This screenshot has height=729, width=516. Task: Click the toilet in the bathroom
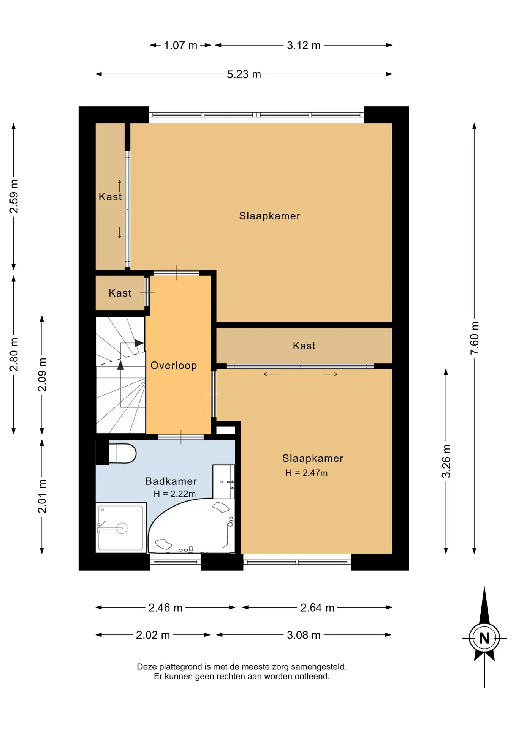point(122,453)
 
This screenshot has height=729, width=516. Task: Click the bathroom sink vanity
point(223,481)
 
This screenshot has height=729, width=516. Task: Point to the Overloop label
point(174,365)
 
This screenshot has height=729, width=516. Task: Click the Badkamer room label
point(171,481)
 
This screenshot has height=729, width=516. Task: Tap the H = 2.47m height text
point(306,473)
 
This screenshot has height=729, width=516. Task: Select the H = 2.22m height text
point(174,494)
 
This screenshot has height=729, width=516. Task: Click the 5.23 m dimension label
point(244,74)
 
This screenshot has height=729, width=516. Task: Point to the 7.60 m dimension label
point(474,338)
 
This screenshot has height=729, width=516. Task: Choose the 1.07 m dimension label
point(180,45)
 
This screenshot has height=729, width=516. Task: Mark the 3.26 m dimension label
point(446,461)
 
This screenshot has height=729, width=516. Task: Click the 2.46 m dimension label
point(165,607)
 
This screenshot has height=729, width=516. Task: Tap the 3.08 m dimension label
point(304,635)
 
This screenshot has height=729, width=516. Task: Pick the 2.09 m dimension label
point(42,374)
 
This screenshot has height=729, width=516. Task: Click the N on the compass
point(484,638)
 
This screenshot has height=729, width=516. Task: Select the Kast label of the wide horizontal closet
point(304,346)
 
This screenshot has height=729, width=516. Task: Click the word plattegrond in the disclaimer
point(180,667)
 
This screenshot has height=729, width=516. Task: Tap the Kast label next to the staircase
point(120,293)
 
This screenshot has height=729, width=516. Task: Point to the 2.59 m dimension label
point(14,197)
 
